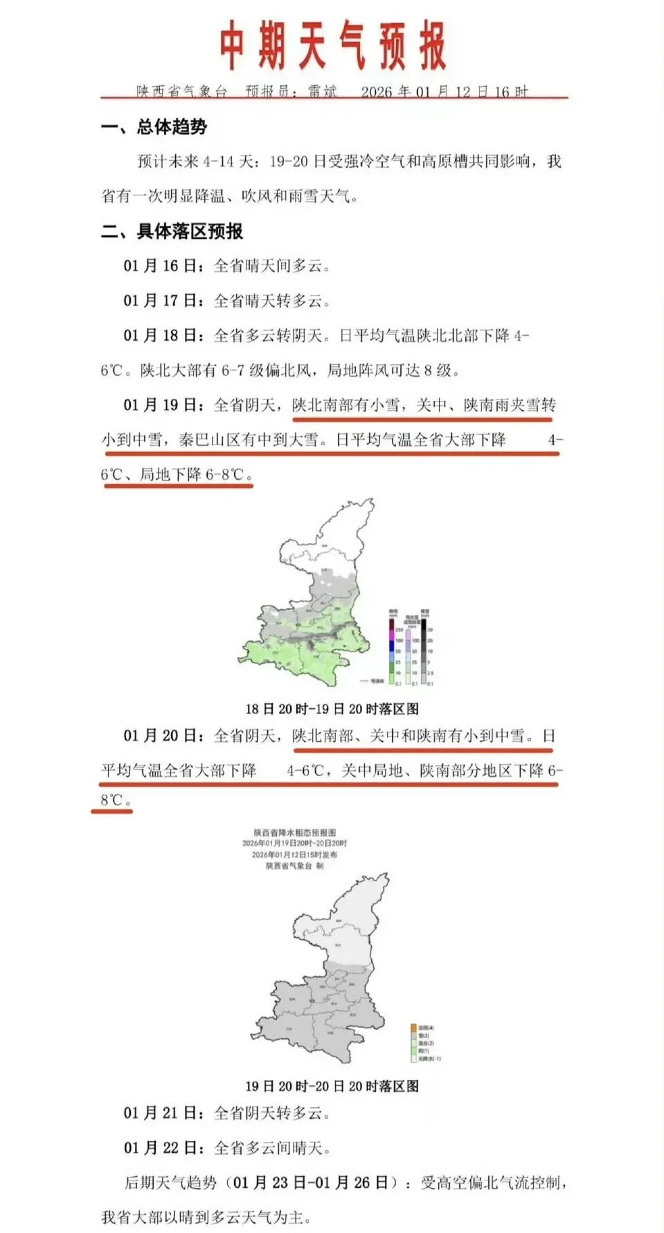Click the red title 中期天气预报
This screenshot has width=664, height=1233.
(x=333, y=46)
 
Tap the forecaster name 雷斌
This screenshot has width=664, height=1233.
(x=323, y=91)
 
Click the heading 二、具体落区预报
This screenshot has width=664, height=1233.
(x=172, y=231)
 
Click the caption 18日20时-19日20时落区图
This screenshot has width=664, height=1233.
(x=332, y=709)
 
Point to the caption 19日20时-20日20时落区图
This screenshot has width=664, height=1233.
(x=332, y=1086)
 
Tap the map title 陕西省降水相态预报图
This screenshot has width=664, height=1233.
(x=294, y=833)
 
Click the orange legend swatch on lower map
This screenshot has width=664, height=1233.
(x=413, y=1028)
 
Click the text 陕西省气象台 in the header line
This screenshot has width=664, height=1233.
(x=181, y=91)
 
